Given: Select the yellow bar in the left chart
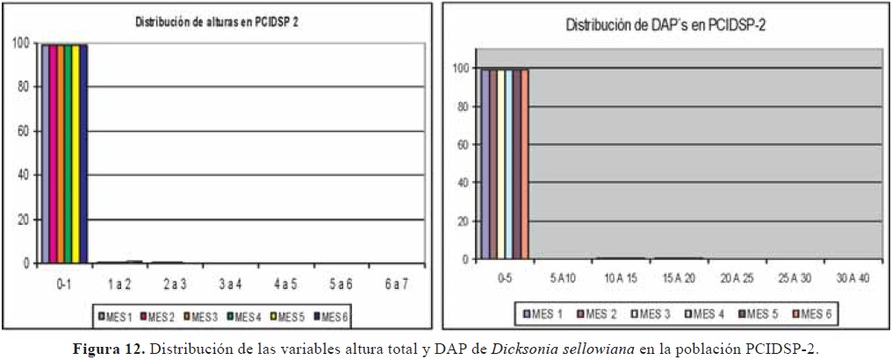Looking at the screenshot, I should [x=76, y=154].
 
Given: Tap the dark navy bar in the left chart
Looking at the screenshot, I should [x=83, y=154].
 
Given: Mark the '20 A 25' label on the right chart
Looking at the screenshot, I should [x=737, y=278].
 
